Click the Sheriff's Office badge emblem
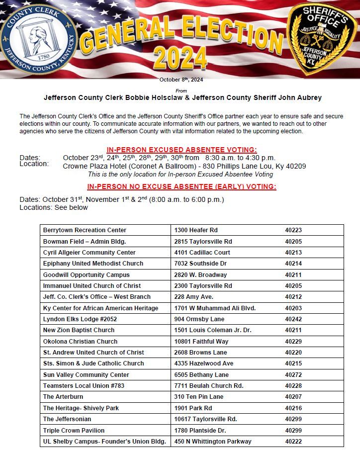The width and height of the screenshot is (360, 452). tap(323, 38)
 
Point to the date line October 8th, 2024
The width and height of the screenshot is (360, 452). tap(181, 80)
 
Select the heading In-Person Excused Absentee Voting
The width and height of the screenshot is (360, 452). tap(181, 150)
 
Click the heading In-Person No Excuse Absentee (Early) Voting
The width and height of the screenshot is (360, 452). tap(181, 187)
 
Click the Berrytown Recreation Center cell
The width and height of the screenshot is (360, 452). tap(85, 230)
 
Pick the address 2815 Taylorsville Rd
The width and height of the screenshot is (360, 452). tap(203, 242)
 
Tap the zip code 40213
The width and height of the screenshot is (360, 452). tap(293, 253)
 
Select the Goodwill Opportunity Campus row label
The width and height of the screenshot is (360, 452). tap(86, 275)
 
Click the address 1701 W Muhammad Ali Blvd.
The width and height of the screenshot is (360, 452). tap(215, 308)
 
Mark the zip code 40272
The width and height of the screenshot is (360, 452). tap(293, 375)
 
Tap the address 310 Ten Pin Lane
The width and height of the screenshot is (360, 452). tap(199, 397)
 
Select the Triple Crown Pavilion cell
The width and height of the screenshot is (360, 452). tap(74, 431)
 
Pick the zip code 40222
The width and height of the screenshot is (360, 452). tap(293, 442)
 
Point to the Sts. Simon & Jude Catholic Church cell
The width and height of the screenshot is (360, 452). tap(93, 363)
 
